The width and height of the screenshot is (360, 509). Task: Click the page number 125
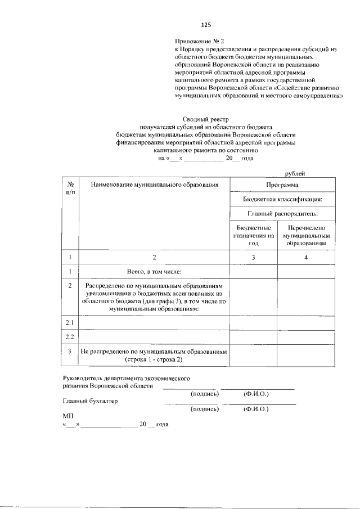tap(206, 25)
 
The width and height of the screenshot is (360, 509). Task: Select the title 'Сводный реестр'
tap(206, 119)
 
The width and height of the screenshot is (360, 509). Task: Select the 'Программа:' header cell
tap(282, 184)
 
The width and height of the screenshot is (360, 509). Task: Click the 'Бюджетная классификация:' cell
tap(282, 199)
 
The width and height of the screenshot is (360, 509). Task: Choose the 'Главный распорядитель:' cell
tap(282, 214)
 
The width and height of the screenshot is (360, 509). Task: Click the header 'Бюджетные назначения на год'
tap(253, 236)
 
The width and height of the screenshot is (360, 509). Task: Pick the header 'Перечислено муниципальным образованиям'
tap(305, 236)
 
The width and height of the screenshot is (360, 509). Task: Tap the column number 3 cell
tap(253, 258)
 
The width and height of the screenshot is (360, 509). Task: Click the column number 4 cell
tap(306, 258)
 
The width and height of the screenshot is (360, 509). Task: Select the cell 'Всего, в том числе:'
tap(154, 272)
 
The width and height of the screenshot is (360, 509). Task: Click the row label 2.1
tap(70, 323)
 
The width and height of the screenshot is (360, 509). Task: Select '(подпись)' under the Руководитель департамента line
tap(205, 394)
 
